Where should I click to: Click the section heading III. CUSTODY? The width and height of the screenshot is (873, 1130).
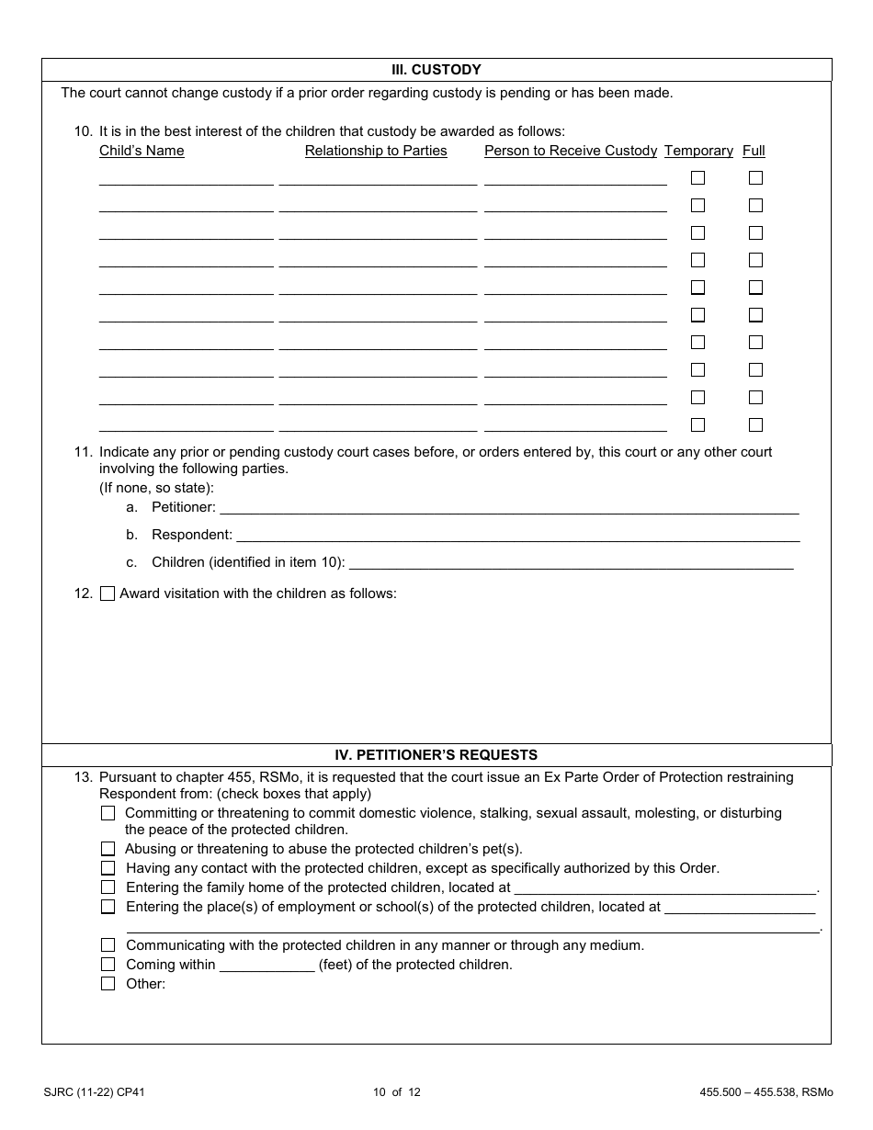436,70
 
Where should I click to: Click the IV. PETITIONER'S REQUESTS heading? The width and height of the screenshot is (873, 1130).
436,755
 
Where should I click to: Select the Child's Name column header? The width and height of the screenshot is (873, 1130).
142,151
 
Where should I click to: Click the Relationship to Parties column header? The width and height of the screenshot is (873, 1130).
376,151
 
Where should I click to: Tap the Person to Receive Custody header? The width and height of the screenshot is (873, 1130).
571,151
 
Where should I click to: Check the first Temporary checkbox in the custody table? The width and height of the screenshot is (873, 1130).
698,178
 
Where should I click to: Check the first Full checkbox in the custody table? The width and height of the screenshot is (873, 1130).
755,178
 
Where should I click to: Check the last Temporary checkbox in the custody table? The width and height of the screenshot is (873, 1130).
698,425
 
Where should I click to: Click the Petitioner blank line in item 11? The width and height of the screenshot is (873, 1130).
509,507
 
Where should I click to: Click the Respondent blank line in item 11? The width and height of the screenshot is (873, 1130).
517,535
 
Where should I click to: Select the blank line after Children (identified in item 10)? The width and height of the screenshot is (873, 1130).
571,562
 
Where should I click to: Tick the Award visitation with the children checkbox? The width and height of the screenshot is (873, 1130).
108,593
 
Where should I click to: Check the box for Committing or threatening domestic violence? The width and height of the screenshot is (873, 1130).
108,813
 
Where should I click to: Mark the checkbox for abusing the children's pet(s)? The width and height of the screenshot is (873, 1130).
108,850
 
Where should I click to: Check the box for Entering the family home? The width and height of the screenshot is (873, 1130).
108,887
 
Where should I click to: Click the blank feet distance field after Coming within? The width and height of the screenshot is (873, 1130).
267,965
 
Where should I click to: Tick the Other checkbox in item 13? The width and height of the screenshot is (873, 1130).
108,984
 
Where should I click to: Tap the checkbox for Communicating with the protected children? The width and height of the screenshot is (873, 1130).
108,945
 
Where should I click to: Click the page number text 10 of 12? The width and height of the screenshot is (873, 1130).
397,1092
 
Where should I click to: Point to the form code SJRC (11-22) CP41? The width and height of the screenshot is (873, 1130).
94,1092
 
